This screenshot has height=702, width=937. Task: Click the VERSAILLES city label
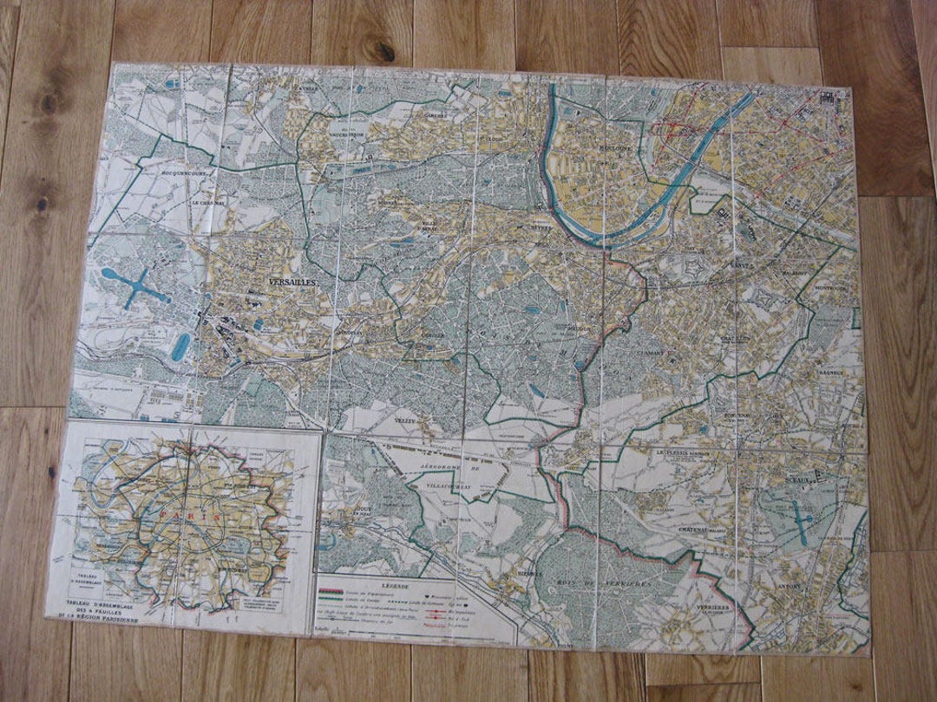tap(292, 283)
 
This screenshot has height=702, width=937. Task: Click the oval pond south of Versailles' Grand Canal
tap(180, 347)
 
